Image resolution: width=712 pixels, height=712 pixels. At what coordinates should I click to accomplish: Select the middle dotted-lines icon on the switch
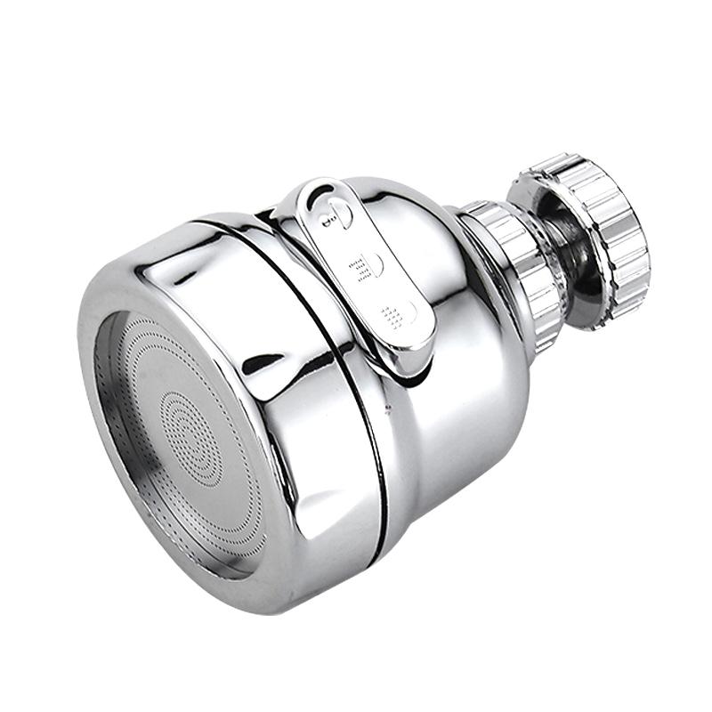click(x=360, y=265)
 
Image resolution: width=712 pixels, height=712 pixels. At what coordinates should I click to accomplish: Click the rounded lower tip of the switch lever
click(x=417, y=356)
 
